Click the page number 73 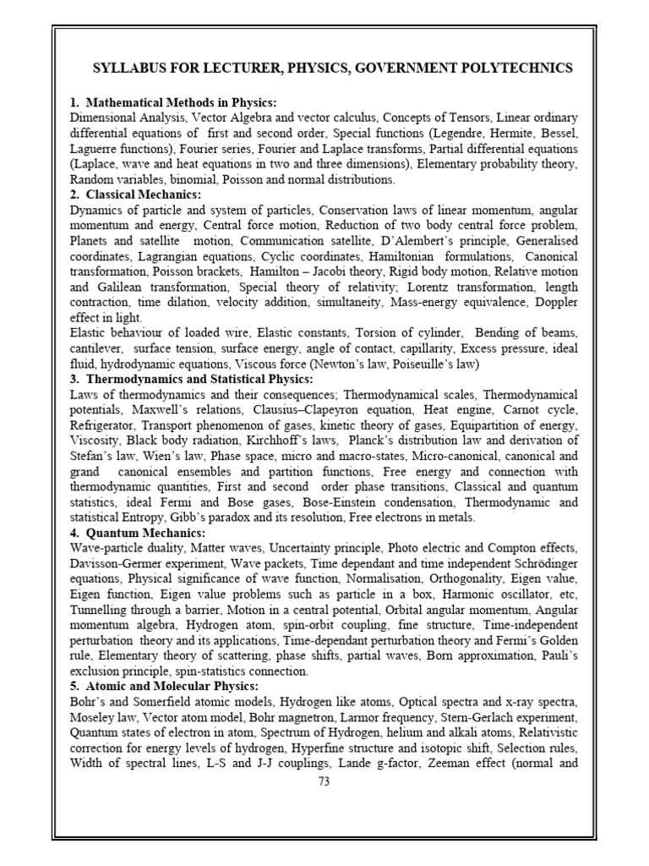[x=324, y=781]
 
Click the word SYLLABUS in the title [x=128, y=68]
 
